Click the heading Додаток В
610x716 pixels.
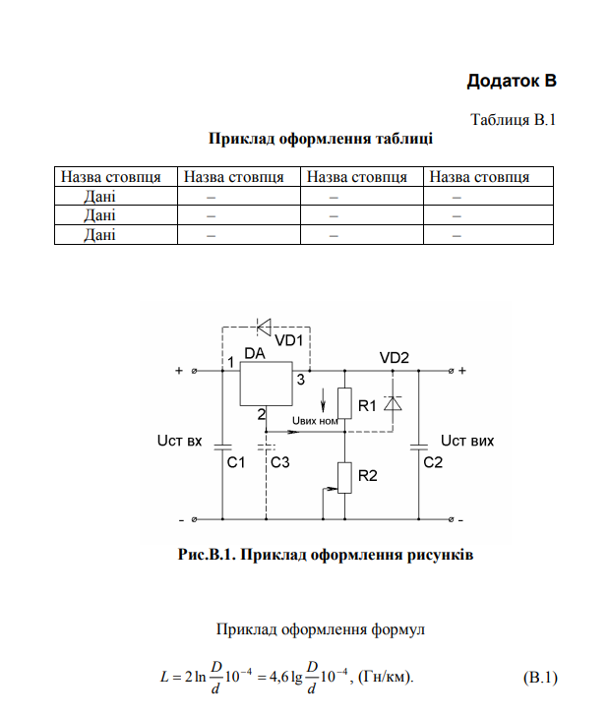pyautogui.click(x=512, y=81)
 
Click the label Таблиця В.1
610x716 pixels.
pyautogui.click(x=513, y=120)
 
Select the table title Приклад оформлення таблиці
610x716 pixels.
pyautogui.click(x=321, y=138)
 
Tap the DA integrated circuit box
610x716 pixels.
pyautogui.click(x=266, y=384)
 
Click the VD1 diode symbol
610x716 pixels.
pyautogui.click(x=264, y=327)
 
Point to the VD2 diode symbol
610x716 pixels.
pyautogui.click(x=393, y=403)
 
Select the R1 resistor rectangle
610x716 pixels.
pyautogui.click(x=344, y=403)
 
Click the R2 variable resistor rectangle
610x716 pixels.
pyautogui.click(x=344, y=478)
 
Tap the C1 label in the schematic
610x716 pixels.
pyautogui.click(x=236, y=462)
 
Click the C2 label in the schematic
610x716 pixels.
pyautogui.click(x=433, y=462)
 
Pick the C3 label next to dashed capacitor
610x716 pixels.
pyautogui.click(x=279, y=462)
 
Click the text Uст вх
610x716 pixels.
pyautogui.click(x=179, y=441)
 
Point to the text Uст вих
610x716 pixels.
pyautogui.click(x=467, y=441)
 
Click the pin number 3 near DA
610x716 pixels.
pyautogui.click(x=301, y=380)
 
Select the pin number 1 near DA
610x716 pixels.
pyautogui.click(x=231, y=362)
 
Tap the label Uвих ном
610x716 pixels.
pyautogui.click(x=315, y=421)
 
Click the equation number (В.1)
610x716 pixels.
pyautogui.click(x=540, y=678)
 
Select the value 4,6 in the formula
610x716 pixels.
pyautogui.click(x=279, y=677)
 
